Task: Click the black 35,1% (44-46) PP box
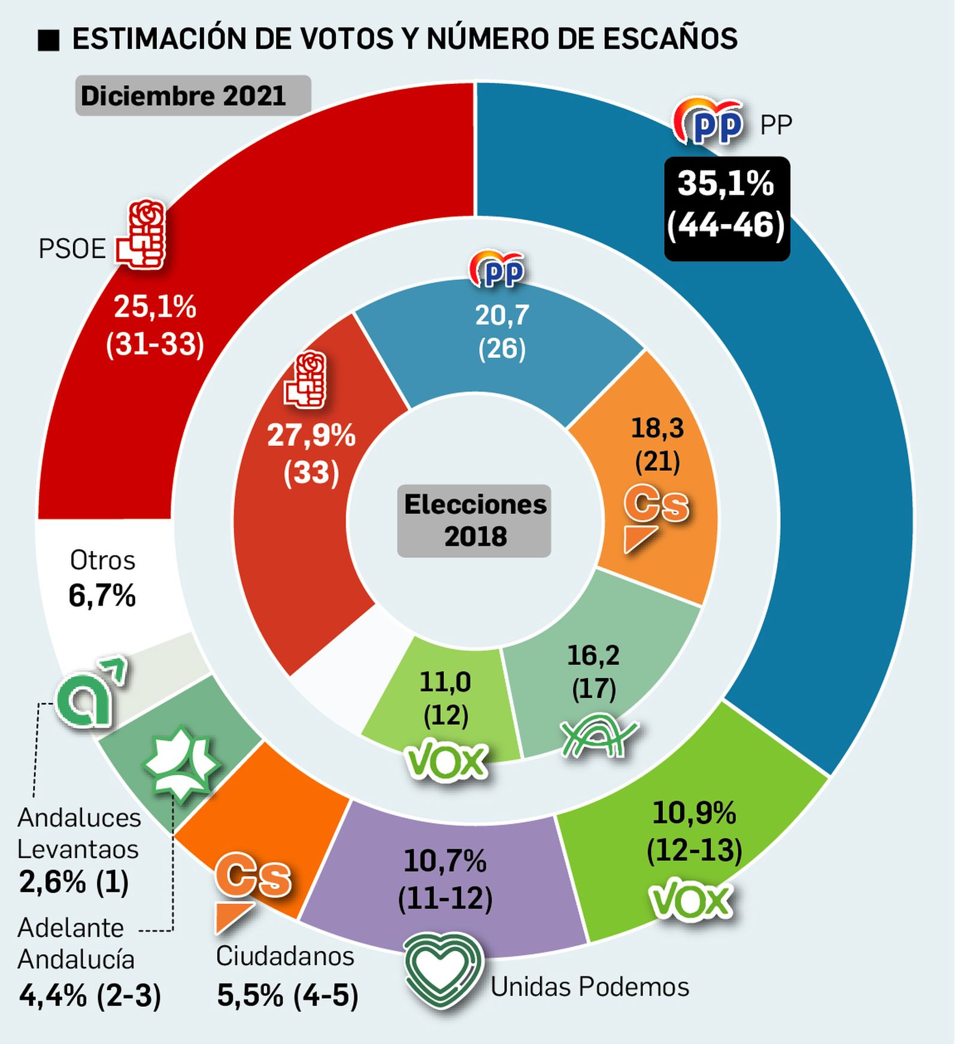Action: pos(726,208)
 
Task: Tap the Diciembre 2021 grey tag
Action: pos(192,96)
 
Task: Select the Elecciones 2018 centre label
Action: pos(474,521)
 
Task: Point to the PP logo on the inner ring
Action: pos(498,270)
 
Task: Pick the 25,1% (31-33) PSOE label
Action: pos(155,325)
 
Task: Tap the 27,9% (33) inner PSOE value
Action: pos(311,453)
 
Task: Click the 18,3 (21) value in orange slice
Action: pos(657,444)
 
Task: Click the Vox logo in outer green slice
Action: pos(690,899)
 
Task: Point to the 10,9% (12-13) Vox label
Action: pos(694,831)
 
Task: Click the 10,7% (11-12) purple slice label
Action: pos(445,879)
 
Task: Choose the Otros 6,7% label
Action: pos(102,579)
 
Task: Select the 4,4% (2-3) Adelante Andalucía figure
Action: pos(90,996)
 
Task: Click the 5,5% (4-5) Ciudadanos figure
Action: pos(287,996)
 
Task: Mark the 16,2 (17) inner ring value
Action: pos(593,671)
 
